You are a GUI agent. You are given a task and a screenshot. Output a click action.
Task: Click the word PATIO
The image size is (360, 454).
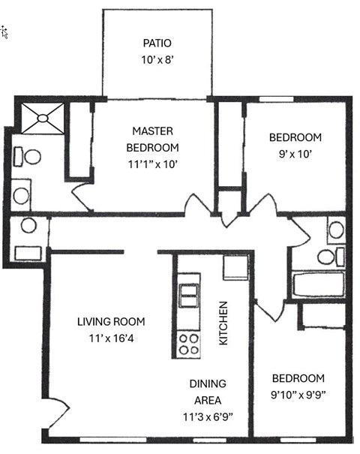tap(157, 43)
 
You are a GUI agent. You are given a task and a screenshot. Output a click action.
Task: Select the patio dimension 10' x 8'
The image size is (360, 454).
tap(157, 60)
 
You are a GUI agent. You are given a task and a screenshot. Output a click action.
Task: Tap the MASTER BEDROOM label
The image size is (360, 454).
tap(152, 140)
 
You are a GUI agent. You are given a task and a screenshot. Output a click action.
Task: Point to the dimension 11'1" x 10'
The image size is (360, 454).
tap(152, 164)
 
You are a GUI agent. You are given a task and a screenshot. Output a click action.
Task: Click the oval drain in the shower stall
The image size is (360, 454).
tap(43, 118)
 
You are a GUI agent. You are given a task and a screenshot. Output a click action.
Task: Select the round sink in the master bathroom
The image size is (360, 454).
tap(21, 196)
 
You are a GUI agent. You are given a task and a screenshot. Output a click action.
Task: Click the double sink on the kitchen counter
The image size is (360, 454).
tap(189, 296)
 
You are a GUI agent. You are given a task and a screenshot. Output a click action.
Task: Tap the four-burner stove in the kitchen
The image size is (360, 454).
tap(189, 344)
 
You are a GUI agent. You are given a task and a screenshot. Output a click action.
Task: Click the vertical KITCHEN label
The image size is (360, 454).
tap(223, 323)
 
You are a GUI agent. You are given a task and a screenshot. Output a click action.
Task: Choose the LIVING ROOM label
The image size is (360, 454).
tap(111, 322)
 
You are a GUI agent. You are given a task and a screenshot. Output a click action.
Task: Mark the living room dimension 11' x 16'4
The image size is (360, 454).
tap(112, 338)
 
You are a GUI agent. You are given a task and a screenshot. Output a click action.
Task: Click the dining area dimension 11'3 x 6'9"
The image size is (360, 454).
tap(208, 417)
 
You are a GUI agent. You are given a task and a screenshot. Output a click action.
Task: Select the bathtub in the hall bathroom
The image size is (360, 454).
tap(319, 284)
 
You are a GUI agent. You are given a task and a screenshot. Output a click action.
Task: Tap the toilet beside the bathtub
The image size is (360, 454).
tap(331, 257)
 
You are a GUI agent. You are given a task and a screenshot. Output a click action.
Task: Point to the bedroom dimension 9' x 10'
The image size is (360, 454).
tap(295, 154)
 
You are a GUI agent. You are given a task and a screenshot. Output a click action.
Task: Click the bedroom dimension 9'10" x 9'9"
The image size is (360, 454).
tap(298, 395)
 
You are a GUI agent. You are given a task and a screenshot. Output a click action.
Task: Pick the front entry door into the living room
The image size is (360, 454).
tap(58, 413)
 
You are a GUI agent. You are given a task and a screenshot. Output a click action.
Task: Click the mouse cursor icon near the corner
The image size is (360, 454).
tap(4, 32)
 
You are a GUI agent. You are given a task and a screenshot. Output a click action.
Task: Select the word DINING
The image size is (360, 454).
tap(208, 384)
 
